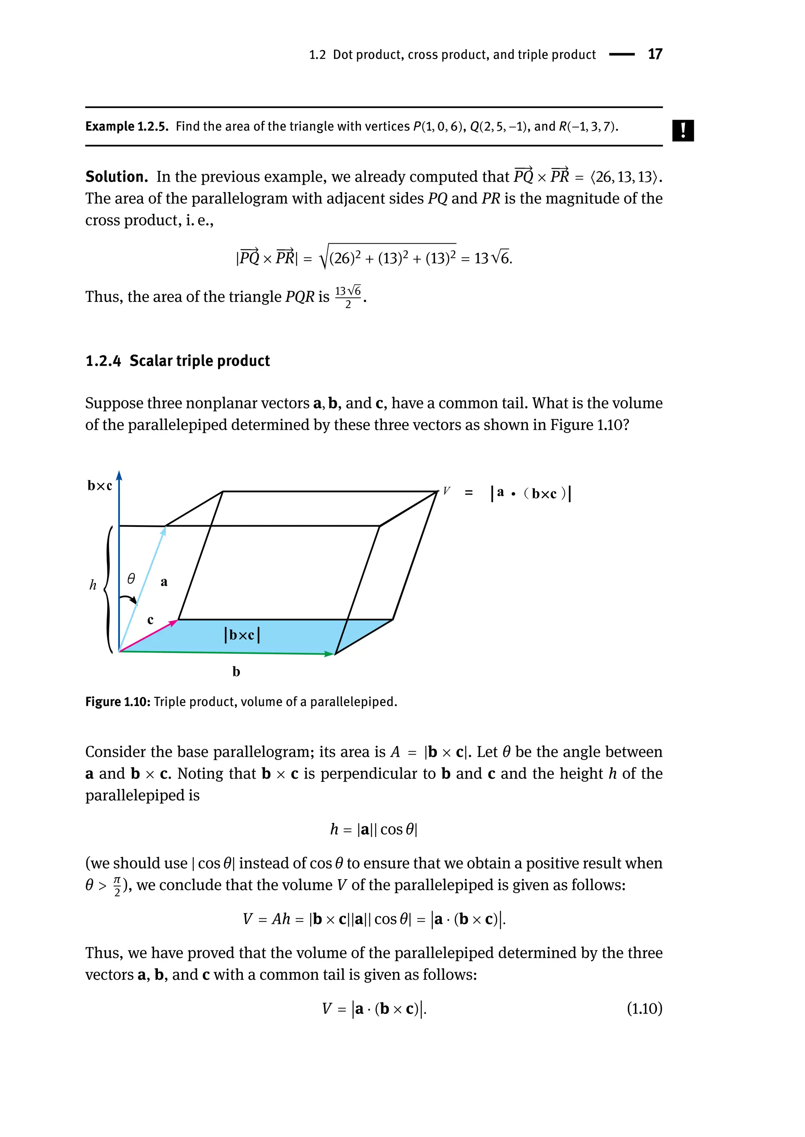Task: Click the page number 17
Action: coord(654,54)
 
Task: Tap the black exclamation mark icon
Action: coord(683,131)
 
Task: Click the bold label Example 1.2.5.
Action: coord(127,127)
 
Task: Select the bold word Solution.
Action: coord(116,177)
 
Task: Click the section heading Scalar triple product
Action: coord(199,361)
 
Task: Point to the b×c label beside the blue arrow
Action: coord(99,486)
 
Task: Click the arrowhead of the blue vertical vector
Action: coord(119,476)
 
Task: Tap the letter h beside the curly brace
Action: coord(93,585)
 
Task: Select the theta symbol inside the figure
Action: coord(131,579)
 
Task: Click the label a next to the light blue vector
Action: coord(164,581)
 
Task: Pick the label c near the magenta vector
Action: coord(150,620)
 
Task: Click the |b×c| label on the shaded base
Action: coord(242,635)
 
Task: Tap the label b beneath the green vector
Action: coord(236,672)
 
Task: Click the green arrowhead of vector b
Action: coord(329,654)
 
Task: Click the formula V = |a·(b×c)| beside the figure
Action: coord(507,493)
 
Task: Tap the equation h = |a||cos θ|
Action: coord(374,829)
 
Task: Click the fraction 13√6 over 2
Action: coord(348,297)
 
